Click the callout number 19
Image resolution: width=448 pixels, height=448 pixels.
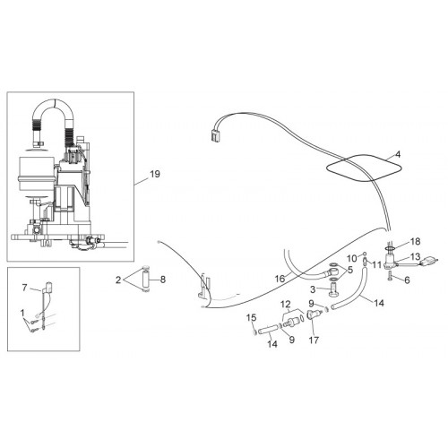tap(155, 174)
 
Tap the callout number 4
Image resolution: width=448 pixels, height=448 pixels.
tap(398, 154)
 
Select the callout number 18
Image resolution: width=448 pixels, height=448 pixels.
tap(416, 241)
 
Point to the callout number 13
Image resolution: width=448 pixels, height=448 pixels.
tap(416, 256)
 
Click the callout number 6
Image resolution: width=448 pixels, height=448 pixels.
tap(407, 280)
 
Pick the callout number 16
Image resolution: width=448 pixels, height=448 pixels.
tap(280, 279)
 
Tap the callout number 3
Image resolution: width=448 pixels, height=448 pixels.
tap(313, 289)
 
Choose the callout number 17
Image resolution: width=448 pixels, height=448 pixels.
tap(314, 340)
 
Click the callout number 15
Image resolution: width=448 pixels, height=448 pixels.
tap(252, 317)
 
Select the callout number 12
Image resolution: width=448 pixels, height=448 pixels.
tap(286, 304)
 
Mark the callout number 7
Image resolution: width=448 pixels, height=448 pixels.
tap(24, 288)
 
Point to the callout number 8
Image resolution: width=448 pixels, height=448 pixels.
tap(163, 280)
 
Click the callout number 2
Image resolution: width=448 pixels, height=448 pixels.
tap(118, 280)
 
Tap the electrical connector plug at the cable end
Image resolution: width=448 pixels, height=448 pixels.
tap(214, 136)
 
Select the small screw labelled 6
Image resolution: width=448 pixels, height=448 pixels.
tap(390, 275)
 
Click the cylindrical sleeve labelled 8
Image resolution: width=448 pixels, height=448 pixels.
tap(146, 280)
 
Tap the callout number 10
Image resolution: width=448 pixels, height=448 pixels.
tap(352, 258)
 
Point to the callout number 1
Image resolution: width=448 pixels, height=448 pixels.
tap(22, 313)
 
